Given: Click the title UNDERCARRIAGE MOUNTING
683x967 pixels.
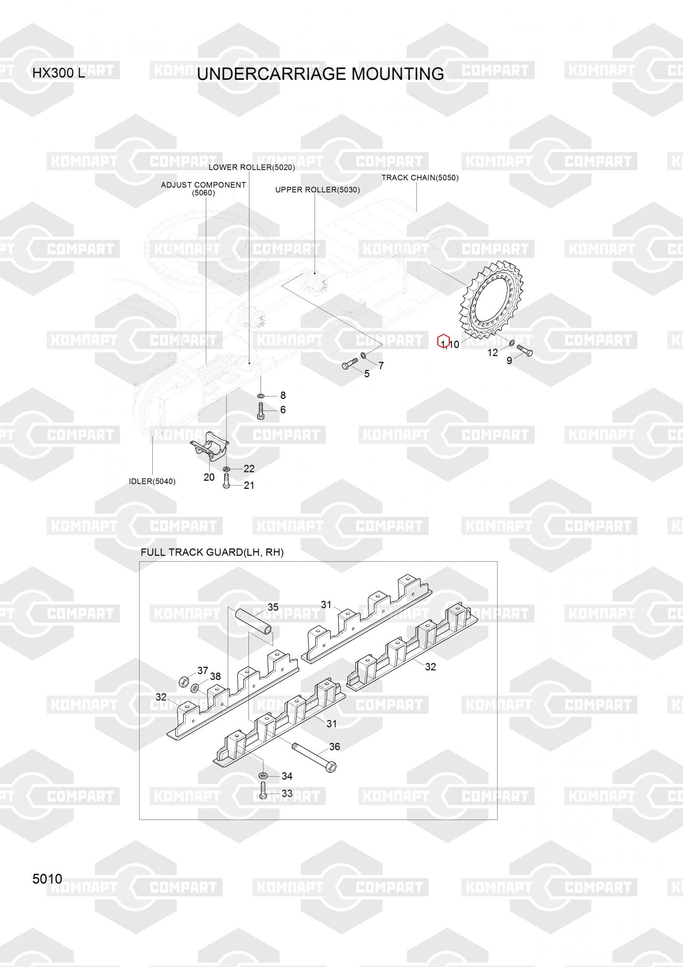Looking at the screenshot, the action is point(320,74).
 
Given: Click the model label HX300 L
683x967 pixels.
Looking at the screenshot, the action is point(58,73).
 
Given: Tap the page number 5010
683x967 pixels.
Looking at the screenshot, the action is point(47,879).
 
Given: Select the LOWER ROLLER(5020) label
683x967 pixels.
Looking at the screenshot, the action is point(252,167).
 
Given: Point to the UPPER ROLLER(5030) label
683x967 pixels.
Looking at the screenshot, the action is point(318,190).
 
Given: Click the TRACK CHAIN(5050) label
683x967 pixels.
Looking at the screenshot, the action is point(420,177).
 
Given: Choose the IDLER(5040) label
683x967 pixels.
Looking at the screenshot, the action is point(152,482).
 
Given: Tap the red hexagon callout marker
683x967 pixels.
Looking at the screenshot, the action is point(444,341).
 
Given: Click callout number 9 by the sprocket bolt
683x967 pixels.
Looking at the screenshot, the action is point(509,361).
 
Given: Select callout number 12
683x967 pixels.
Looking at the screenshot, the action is point(493,353).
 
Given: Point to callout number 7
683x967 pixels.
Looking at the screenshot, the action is point(381,366).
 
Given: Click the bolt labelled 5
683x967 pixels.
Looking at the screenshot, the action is point(349,364).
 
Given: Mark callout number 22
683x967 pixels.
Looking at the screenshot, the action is point(249,469).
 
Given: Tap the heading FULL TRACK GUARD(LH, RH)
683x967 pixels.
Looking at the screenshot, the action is point(212,552).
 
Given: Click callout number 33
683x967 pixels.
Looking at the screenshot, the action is point(287,793).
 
